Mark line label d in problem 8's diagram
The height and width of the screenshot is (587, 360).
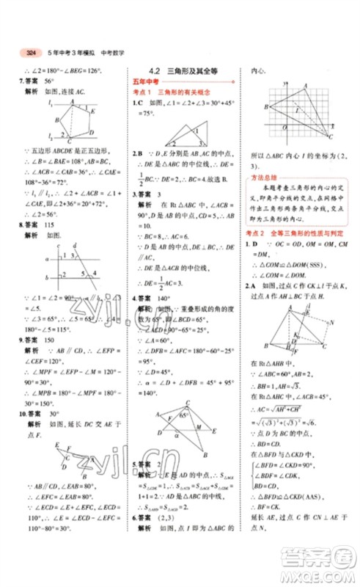coord(76,245)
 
